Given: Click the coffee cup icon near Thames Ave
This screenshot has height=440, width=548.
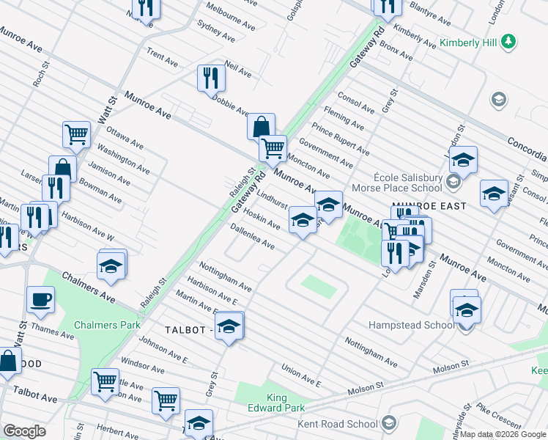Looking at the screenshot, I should click(x=40, y=299).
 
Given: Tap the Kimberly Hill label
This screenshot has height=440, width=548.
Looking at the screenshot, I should click(x=468, y=43).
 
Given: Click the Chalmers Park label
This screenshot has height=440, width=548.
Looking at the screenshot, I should click(x=106, y=324).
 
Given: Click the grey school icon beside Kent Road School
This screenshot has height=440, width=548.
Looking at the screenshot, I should click(x=388, y=423).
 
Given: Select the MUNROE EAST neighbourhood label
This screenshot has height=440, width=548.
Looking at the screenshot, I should click(x=429, y=207).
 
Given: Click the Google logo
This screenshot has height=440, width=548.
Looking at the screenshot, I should click(x=25, y=431).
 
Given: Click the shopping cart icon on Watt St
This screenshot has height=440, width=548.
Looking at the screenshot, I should click(x=76, y=134).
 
